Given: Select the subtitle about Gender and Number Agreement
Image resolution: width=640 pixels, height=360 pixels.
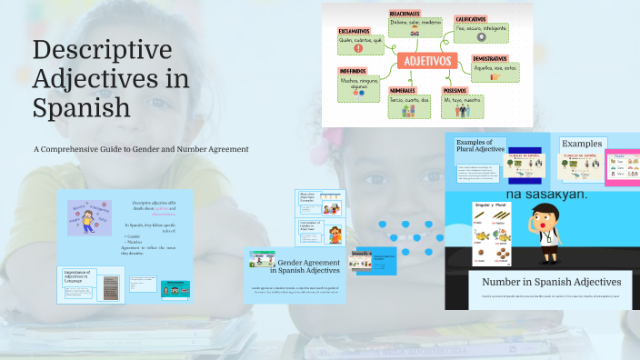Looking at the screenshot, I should (x=141, y=149).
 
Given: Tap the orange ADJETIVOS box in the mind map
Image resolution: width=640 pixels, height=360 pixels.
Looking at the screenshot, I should (x=426, y=62).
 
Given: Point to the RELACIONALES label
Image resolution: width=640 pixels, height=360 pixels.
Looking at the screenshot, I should (x=405, y=14).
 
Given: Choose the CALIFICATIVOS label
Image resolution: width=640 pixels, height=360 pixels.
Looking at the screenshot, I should (x=471, y=18).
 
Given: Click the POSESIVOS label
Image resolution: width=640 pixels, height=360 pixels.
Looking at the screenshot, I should (x=456, y=91).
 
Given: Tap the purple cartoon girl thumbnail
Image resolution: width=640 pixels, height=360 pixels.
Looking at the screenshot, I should (x=88, y=219).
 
